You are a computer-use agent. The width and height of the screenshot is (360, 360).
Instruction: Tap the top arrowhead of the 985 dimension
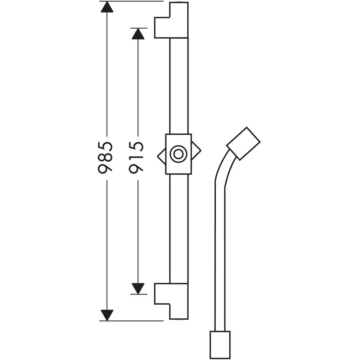(107, 7)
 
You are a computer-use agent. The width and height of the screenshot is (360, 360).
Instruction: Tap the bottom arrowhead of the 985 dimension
(107, 315)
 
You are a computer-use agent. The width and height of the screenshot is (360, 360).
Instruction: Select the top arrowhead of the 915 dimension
(138, 34)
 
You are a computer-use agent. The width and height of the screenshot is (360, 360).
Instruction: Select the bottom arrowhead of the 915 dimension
(138, 288)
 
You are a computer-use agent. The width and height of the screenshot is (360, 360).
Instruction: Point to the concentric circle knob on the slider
(178, 154)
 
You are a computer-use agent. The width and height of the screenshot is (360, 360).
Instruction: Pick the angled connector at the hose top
(243, 143)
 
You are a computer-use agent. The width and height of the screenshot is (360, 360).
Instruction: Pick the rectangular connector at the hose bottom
(220, 345)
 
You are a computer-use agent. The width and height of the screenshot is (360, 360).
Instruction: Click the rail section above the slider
(179, 86)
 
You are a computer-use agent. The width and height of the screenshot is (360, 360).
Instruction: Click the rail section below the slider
(179, 227)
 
